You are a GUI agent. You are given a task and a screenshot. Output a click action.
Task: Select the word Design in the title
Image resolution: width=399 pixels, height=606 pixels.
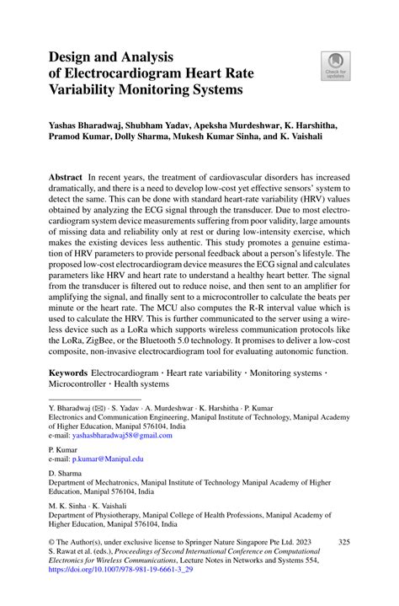(x=73, y=56)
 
